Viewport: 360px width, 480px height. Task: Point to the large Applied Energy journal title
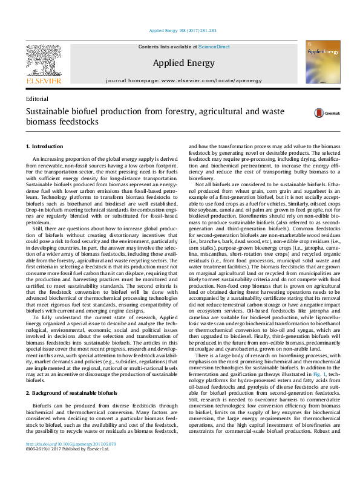point(180,62)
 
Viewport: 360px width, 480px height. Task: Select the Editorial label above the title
point(38,99)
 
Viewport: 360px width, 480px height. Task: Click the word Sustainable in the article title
point(47,111)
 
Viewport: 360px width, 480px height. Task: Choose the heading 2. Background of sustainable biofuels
point(74,377)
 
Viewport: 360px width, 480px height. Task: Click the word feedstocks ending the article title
point(76,122)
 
